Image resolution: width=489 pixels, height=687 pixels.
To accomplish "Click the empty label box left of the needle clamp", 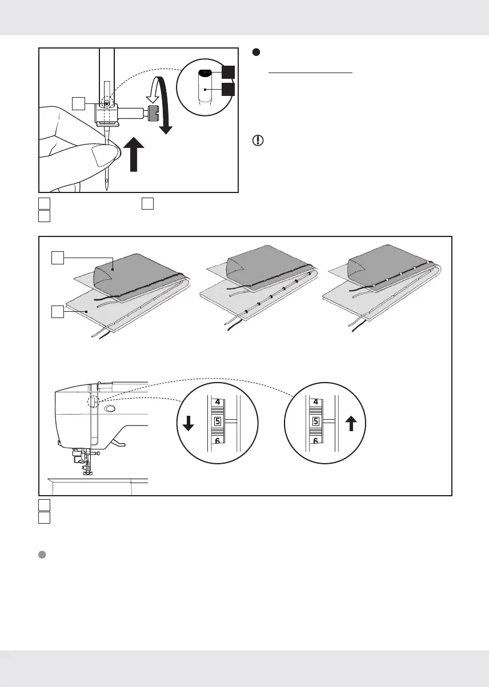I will [79, 103].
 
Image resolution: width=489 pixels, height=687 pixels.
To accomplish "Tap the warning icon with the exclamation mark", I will [257, 140].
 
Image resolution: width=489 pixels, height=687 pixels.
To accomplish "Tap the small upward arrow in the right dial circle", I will [351, 423].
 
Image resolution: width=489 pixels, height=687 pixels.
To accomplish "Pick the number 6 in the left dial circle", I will [217, 441].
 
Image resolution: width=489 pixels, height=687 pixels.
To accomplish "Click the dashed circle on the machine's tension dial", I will [94, 401].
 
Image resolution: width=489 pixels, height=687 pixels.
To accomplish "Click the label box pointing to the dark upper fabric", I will [57, 259].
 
